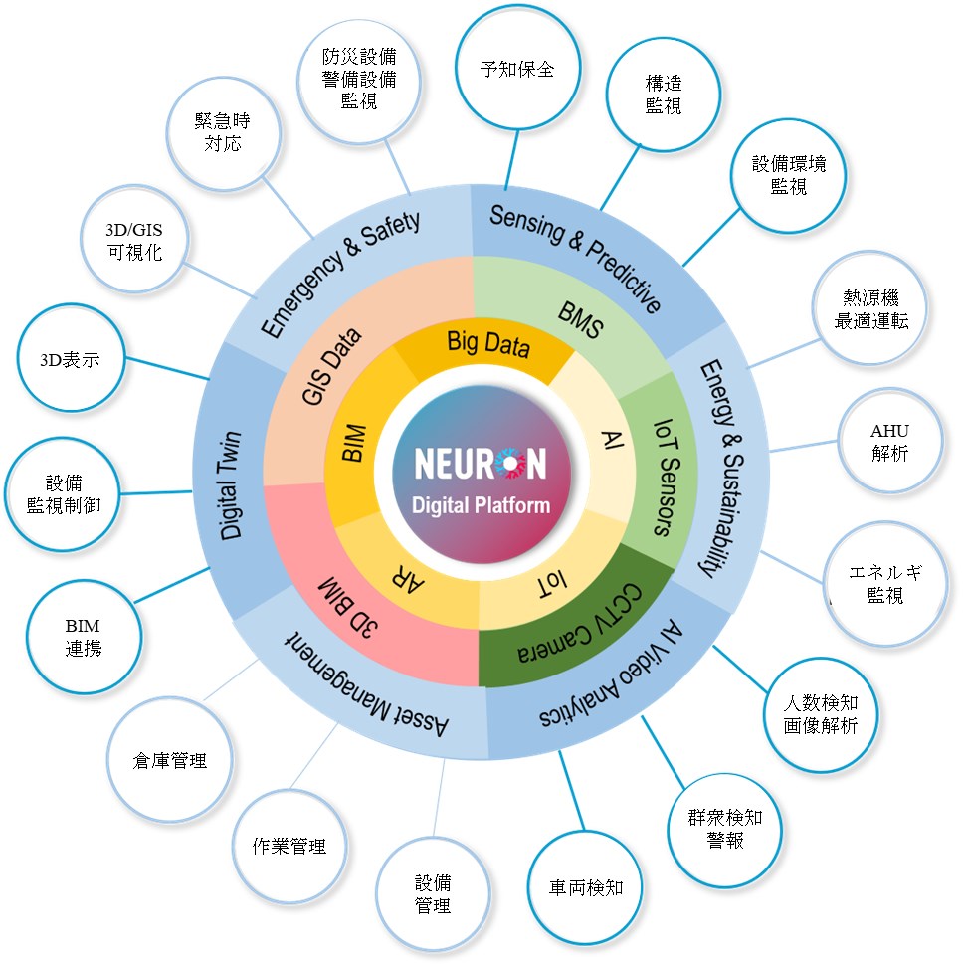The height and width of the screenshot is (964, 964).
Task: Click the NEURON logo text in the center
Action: click(481, 463)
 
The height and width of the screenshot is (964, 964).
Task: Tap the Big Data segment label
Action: click(488, 344)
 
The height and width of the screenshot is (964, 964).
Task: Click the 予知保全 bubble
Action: click(517, 70)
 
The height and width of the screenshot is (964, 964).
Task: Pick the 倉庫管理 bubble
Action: click(170, 760)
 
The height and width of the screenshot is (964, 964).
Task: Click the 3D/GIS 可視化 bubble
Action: click(134, 240)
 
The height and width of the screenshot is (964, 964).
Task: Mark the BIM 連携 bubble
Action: click(84, 636)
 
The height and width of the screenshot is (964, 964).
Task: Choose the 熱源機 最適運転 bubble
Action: click(870, 309)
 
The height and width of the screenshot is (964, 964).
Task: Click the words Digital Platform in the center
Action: click(481, 505)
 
